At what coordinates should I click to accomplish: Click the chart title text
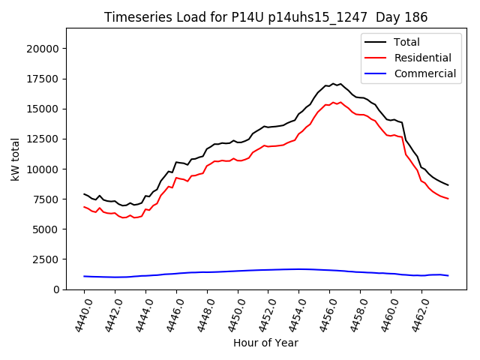[265, 17]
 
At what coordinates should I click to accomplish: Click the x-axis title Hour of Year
[265, 343]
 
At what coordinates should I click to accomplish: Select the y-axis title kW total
[15, 159]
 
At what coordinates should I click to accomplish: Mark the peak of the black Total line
[333, 83]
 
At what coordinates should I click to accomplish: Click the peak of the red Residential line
[340, 102]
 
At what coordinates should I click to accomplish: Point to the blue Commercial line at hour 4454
[298, 269]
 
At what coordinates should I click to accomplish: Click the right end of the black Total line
[448, 184]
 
